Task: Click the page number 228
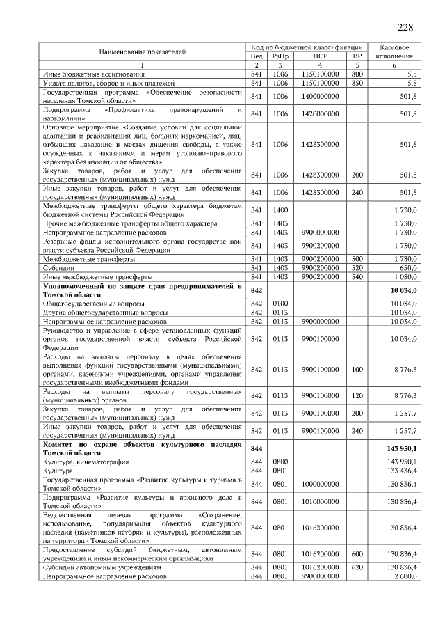[405, 27]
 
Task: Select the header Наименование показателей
[142, 52]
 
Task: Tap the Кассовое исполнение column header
[394, 51]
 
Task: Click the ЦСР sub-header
[321, 56]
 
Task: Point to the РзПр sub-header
[280, 56]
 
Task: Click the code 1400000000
[321, 96]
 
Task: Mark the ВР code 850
[357, 82]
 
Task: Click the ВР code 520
[357, 268]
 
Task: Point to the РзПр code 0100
[280, 304]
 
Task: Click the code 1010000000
[321, 502]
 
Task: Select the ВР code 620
[357, 567]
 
